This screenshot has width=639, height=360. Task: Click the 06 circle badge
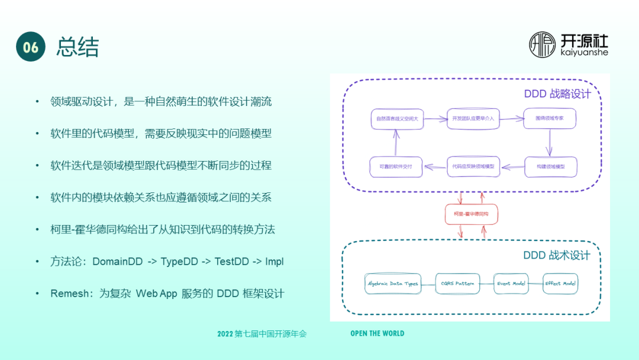tap(31, 47)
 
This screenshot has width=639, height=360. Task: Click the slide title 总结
tap(78, 47)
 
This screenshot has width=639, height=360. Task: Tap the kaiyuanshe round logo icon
tap(543, 45)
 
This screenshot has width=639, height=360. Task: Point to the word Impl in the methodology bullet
tap(275, 261)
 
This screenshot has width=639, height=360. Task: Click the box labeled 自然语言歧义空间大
tap(397, 119)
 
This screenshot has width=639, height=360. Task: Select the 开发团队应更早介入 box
tap(473, 118)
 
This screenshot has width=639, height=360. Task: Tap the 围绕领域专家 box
tap(550, 118)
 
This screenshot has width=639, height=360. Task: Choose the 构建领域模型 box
tap(550, 167)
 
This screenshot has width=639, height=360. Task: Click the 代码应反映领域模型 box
tap(473, 166)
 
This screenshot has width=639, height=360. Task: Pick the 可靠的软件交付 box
tap(396, 167)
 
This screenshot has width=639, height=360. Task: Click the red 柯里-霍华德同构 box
tap(471, 214)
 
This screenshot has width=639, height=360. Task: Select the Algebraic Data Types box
tap(392, 284)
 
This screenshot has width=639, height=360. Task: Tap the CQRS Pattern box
tap(457, 284)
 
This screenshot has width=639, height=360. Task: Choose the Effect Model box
tap(560, 284)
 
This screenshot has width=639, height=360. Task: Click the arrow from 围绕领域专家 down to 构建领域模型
tap(550, 142)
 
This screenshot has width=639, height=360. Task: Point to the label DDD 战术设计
tap(557, 255)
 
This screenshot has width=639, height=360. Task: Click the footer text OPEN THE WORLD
tap(377, 333)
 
